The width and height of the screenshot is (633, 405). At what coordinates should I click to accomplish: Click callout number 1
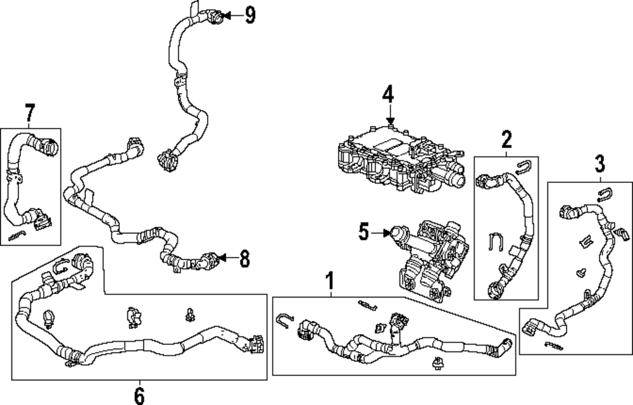330,280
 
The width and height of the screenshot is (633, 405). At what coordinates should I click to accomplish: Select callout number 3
599,164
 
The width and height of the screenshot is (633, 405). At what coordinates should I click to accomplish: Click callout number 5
363,232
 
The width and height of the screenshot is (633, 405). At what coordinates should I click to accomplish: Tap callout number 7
29,113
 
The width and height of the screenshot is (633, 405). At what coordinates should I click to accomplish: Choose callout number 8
244,258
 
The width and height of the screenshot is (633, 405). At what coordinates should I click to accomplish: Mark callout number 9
250,15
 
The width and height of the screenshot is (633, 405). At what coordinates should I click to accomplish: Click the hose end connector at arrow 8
209,259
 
